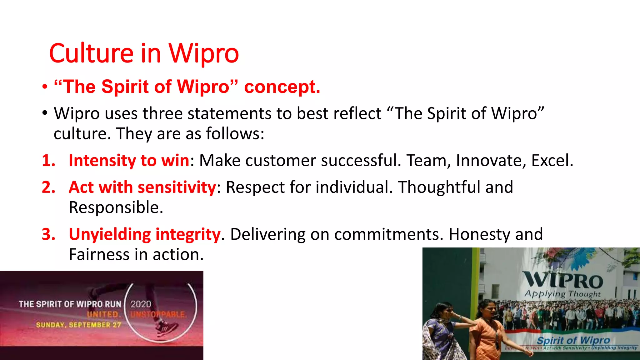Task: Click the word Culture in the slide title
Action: (x=91, y=53)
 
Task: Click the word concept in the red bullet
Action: (x=282, y=87)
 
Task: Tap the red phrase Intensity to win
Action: (x=129, y=161)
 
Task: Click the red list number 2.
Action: (x=48, y=187)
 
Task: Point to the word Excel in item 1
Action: (x=552, y=161)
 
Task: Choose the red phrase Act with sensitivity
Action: (x=142, y=187)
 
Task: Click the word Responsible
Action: (x=116, y=208)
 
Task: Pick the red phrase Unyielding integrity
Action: (x=144, y=235)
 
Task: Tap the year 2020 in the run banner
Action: (x=141, y=304)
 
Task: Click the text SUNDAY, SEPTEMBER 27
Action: (x=78, y=325)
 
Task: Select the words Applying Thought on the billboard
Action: (x=562, y=294)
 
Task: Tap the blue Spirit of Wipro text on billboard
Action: (x=573, y=340)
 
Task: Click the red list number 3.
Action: (x=48, y=235)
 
